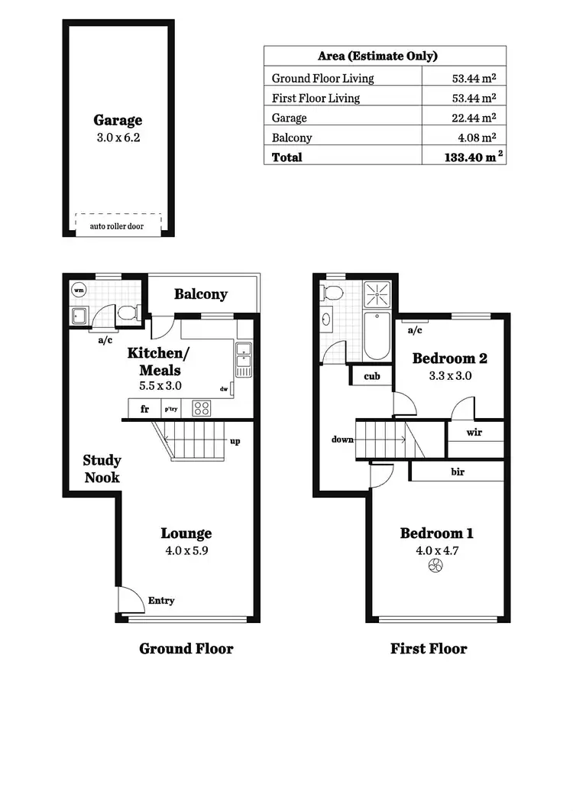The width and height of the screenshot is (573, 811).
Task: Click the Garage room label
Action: click(118, 120)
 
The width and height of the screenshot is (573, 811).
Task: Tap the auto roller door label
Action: click(118, 227)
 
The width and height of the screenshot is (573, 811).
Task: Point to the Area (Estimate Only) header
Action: click(377, 56)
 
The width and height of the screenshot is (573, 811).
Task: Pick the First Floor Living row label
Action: click(316, 98)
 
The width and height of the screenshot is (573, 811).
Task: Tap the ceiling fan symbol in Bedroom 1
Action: click(435, 566)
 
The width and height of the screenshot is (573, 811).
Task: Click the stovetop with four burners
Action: click(201, 408)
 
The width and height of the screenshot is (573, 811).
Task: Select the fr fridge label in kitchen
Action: click(144, 409)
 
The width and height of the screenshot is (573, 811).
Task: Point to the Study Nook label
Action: click(102, 469)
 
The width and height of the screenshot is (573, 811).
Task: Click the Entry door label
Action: click(160, 601)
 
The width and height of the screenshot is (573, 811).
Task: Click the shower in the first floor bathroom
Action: click(377, 293)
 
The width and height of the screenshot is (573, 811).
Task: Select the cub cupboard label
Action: click(372, 376)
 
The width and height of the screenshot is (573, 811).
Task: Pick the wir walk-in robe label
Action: click(474, 432)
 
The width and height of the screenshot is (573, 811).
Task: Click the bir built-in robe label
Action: click(457, 472)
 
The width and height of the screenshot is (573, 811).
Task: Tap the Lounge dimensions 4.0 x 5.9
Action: click(186, 550)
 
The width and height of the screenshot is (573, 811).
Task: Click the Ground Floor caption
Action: click(186, 649)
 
